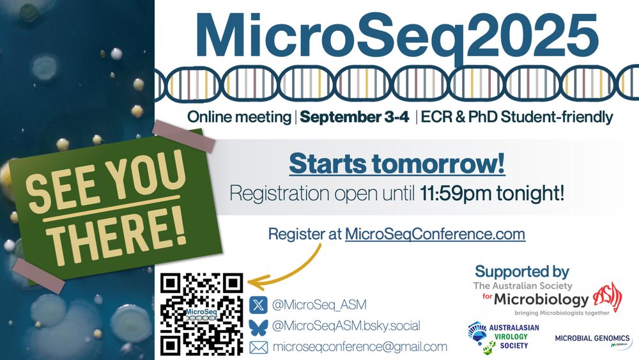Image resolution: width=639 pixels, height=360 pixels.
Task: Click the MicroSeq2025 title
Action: click(397, 36)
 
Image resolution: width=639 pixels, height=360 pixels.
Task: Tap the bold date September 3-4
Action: click(354, 118)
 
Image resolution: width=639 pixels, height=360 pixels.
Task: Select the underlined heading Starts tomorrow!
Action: click(397, 164)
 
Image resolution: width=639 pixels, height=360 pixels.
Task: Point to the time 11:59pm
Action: click(456, 193)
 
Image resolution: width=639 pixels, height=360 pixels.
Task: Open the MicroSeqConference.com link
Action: click(435, 234)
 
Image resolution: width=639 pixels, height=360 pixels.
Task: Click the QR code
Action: click(201, 314)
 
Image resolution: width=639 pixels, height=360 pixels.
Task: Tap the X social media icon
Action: click(258, 304)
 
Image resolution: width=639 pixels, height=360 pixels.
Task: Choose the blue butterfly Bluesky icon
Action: click(258, 327)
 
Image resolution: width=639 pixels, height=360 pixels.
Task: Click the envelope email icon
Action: click(258, 347)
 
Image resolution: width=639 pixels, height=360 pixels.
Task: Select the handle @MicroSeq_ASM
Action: click(319, 304)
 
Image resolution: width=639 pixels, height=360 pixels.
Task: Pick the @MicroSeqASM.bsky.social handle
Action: click(346, 325)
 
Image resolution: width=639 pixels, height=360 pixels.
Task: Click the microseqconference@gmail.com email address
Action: click(360, 347)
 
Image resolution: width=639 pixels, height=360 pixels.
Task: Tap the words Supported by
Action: click(522, 272)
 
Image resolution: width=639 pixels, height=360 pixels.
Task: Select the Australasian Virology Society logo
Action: click(504, 337)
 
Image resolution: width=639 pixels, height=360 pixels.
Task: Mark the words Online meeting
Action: click(239, 118)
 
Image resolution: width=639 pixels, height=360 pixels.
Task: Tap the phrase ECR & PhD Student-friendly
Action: click(517, 118)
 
